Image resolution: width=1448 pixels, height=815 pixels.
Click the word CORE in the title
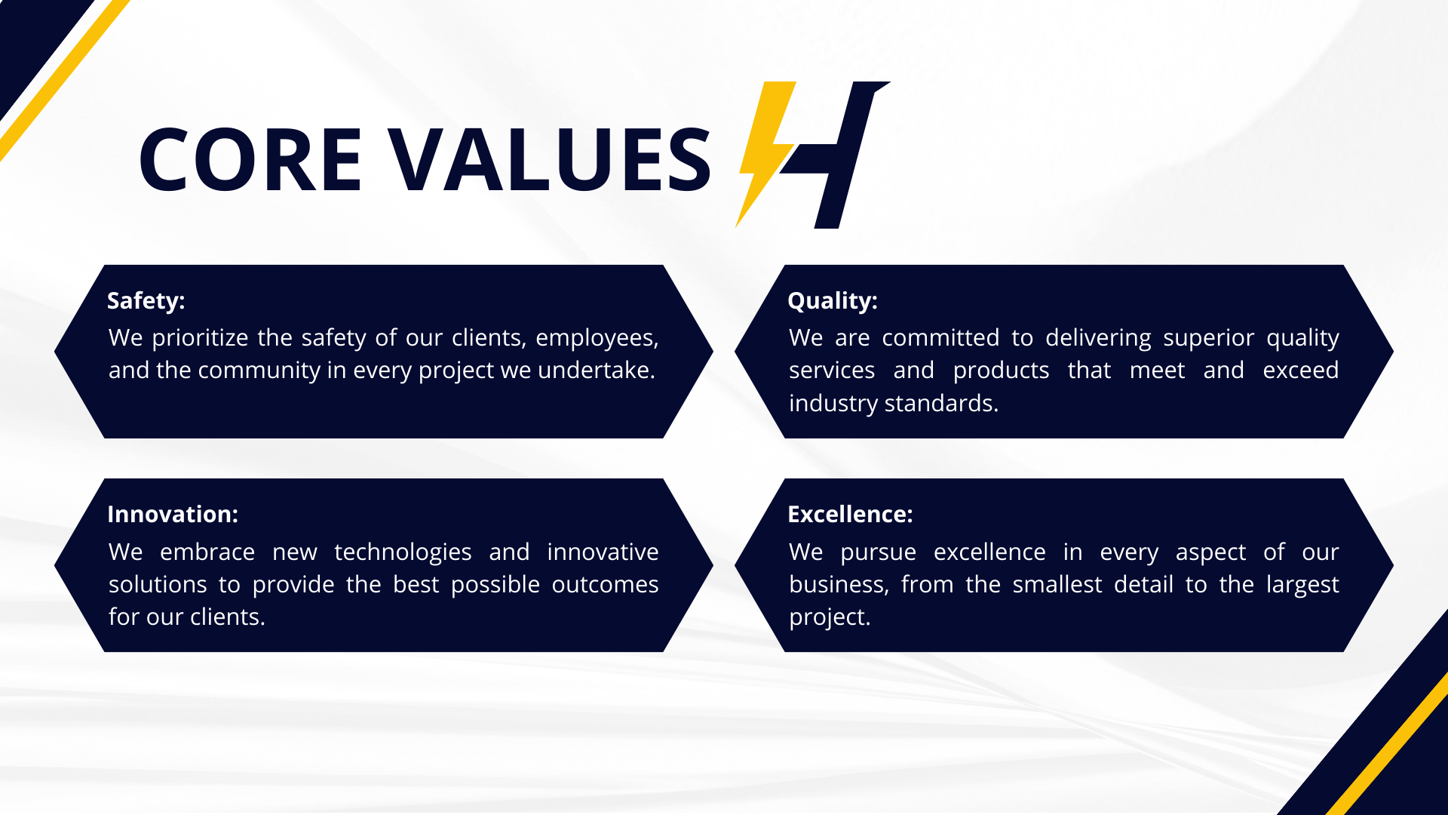coord(250,159)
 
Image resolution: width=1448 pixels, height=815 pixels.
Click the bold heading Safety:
coord(146,300)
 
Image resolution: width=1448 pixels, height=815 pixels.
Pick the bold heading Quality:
coord(833,300)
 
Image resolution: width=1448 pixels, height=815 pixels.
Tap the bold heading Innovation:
coord(173,514)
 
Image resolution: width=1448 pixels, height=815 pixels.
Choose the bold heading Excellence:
coord(850,514)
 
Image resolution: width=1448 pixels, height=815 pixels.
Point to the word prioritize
coord(200,338)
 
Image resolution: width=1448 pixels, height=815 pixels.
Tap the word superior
coord(1208,338)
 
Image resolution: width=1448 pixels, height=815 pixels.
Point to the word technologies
coord(403,552)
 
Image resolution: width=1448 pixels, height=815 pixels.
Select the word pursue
coord(878,552)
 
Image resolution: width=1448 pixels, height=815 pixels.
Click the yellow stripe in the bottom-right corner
coord(1387,743)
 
